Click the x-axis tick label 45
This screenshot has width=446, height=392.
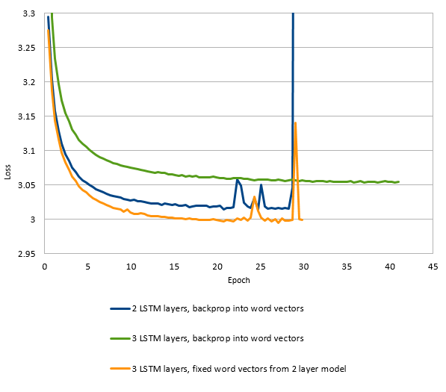432,266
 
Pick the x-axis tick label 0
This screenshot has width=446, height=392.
45,266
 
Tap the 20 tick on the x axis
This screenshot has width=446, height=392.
217,266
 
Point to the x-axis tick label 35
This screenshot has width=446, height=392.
346,266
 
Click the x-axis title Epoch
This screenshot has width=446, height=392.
239,281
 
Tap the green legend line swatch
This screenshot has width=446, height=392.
120,338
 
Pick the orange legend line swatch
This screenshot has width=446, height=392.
120,368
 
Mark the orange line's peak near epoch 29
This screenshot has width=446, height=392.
296,123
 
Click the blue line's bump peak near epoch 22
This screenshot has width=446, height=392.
237,179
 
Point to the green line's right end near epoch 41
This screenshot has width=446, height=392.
399,181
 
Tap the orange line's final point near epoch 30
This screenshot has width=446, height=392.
302,220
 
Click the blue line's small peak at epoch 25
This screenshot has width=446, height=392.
261,184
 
